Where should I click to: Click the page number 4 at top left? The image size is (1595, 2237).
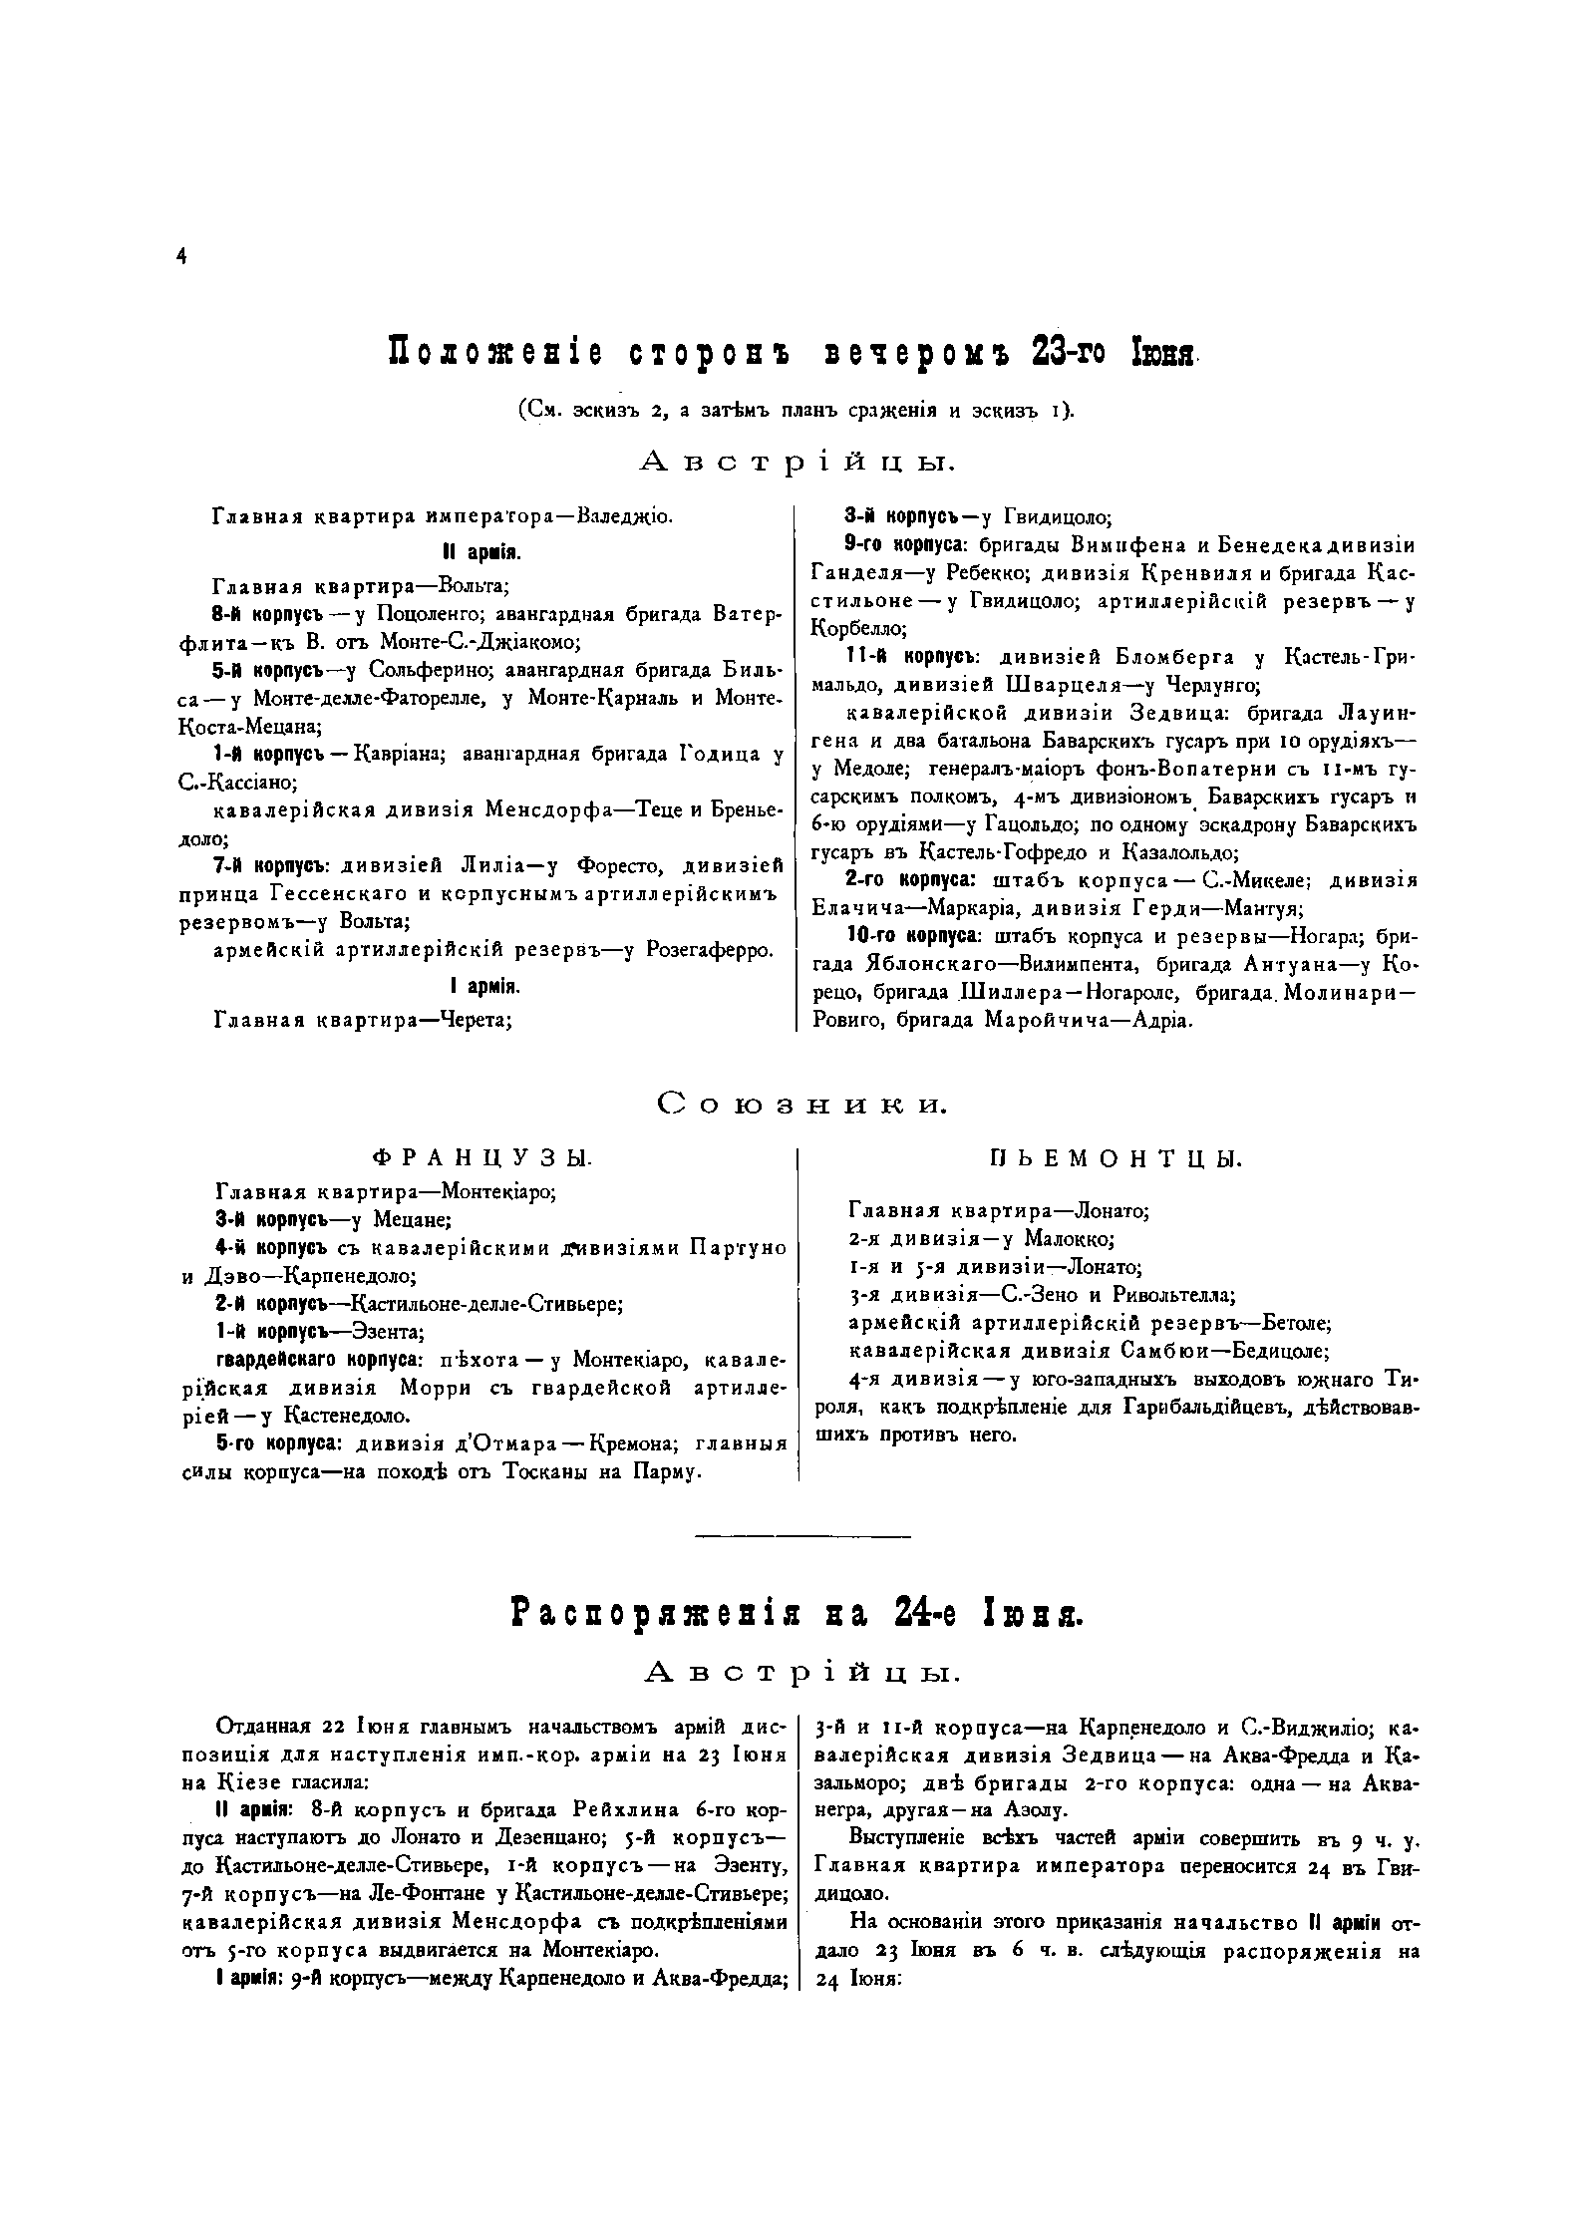(x=181, y=256)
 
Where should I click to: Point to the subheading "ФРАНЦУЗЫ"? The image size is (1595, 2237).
(x=481, y=1158)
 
